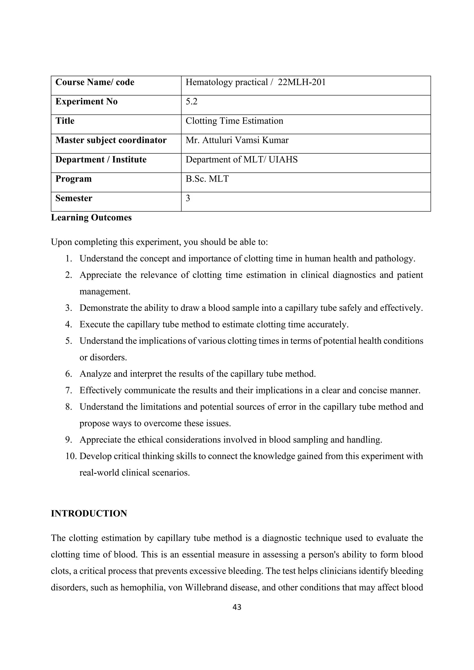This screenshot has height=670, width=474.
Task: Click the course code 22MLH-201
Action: pos(302,83)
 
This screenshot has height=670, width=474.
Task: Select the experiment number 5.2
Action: pos(191,102)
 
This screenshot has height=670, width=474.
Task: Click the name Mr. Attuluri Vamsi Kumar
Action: pos(237,140)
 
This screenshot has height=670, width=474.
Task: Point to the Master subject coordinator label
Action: pos(111,140)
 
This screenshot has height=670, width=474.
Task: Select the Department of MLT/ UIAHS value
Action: pos(241,160)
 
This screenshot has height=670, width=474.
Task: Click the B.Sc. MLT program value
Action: pos(207,179)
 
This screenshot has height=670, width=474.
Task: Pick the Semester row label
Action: pos(74,198)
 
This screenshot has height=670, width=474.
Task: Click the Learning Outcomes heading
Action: pos(91,218)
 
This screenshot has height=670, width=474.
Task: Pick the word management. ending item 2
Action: pos(105,292)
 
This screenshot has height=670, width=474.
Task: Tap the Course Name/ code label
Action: pos(95,83)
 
